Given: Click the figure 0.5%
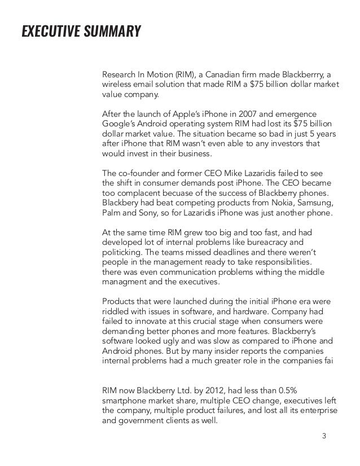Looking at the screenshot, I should click(x=297, y=390).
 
